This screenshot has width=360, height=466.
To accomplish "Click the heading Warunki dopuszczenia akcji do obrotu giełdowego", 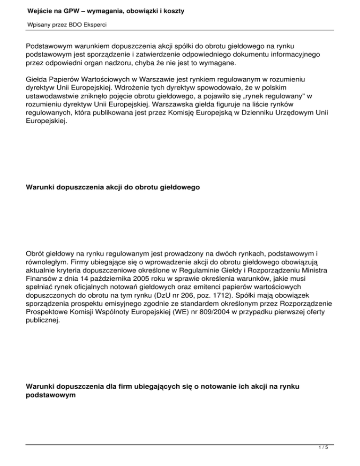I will pyautogui.click(x=113, y=188).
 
